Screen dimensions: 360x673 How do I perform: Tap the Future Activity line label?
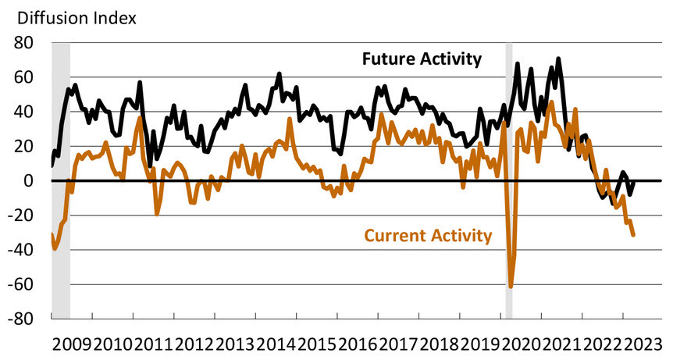click(421, 59)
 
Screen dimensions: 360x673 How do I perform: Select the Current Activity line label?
click(429, 234)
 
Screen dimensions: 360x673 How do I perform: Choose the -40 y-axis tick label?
click(25, 250)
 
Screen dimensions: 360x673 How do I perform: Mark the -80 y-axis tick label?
click(25, 319)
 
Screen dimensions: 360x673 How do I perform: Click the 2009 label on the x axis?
click(72, 344)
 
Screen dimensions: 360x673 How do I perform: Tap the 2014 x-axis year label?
click(276, 344)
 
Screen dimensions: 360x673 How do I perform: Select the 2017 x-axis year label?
click(398, 344)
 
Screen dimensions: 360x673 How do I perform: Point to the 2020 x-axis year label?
click(521, 344)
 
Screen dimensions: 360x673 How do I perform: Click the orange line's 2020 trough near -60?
click(511, 287)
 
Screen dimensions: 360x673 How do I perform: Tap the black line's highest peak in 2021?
click(558, 59)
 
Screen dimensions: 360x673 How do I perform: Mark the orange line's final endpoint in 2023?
click(633, 235)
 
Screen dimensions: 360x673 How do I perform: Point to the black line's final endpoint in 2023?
click(633, 183)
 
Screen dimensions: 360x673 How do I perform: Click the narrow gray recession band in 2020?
click(509, 180)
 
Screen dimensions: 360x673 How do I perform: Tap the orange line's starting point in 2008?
click(52, 234)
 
